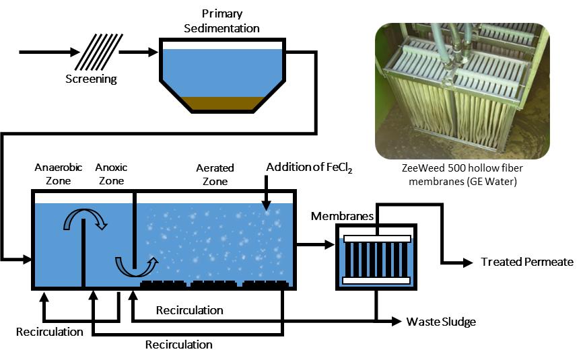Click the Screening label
pos(91,79)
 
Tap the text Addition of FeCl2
pos(310,167)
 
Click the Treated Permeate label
pos(527,262)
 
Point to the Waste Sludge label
pos(441,322)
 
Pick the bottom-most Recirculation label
pos(179,345)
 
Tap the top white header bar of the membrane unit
pos(377,239)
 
